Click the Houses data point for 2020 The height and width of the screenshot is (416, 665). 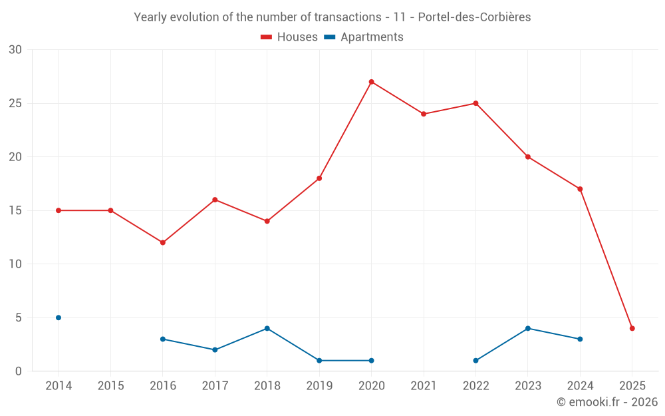pyautogui.click(x=371, y=82)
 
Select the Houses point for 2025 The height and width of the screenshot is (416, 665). pyautogui.click(x=632, y=328)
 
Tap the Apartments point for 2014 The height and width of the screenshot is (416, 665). pyautogui.click(x=59, y=317)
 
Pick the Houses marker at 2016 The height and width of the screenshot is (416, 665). pyautogui.click(x=163, y=242)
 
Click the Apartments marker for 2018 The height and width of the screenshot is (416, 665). pyautogui.click(x=267, y=328)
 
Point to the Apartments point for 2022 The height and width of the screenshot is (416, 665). pyautogui.click(x=475, y=361)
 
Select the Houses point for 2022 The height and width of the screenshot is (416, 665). pyautogui.click(x=475, y=103)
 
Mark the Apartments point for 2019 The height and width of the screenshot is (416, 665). pyautogui.click(x=319, y=361)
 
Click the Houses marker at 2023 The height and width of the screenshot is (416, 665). pyautogui.click(x=528, y=157)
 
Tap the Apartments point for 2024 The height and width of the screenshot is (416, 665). pyautogui.click(x=580, y=339)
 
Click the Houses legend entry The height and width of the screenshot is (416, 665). pyautogui.click(x=289, y=37)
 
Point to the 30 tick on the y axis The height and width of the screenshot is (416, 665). pyautogui.click(x=15, y=50)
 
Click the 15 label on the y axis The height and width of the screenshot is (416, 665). pyautogui.click(x=15, y=210)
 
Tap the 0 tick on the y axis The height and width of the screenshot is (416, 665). pyautogui.click(x=19, y=371)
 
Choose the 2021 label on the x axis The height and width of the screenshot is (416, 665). pyautogui.click(x=424, y=386)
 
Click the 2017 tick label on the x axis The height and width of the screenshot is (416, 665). pyautogui.click(x=215, y=386)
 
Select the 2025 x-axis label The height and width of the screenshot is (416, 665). pyautogui.click(x=632, y=386)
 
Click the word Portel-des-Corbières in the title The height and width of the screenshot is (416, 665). pyautogui.click(x=474, y=17)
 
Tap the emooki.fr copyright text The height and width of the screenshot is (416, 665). pyautogui.click(x=606, y=402)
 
